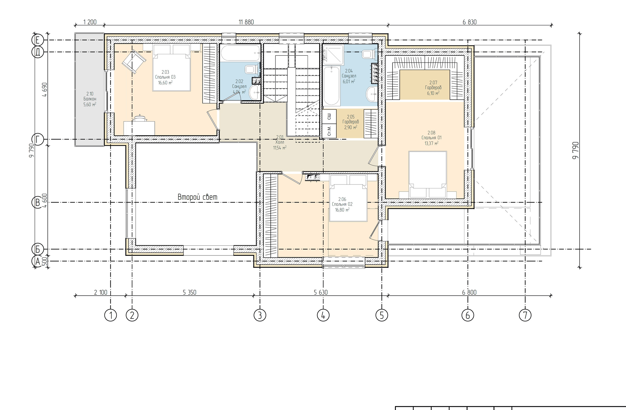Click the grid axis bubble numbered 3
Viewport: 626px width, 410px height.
(x=260, y=315)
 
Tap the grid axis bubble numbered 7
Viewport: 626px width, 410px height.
(x=525, y=315)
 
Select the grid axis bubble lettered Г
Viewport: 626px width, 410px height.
(x=38, y=139)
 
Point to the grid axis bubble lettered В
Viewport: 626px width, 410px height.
(x=38, y=202)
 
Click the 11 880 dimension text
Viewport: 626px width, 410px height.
(x=246, y=22)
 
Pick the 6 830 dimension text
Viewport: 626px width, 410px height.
(x=469, y=22)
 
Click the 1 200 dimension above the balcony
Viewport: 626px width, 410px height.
(x=90, y=22)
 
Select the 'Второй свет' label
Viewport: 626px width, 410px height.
(x=198, y=197)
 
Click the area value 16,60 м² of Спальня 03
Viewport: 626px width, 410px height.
(x=165, y=83)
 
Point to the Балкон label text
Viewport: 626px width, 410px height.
(x=90, y=99)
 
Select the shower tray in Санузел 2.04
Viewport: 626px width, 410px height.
(x=333, y=55)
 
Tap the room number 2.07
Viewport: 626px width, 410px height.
(x=433, y=83)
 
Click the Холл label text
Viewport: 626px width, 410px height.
(x=279, y=142)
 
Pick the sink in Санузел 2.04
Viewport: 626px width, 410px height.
(x=372, y=94)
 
